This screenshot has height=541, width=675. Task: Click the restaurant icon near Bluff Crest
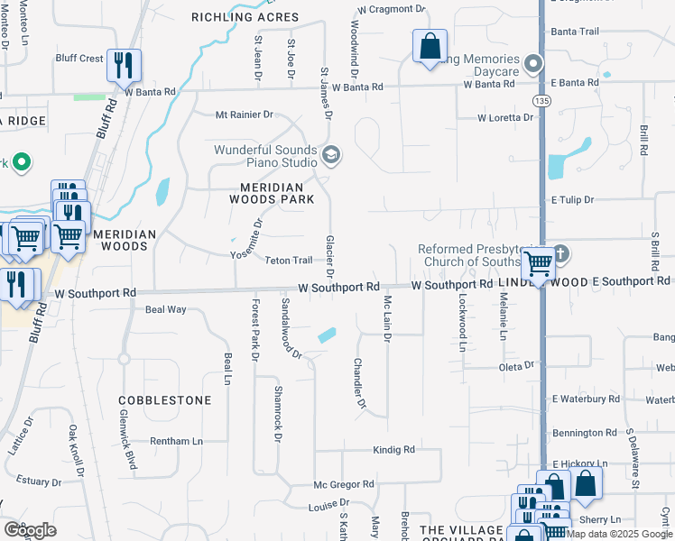click(124, 64)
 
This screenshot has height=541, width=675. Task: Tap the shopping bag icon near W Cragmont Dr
click(430, 45)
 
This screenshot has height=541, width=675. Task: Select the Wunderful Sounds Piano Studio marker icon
click(331, 156)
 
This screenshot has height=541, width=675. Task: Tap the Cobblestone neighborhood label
click(166, 399)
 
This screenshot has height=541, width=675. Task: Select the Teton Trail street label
click(289, 261)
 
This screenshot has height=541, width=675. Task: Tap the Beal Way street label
click(165, 309)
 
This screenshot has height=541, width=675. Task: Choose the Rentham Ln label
click(177, 441)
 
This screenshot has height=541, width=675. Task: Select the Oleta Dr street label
click(517, 367)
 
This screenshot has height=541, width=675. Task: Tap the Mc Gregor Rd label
click(344, 484)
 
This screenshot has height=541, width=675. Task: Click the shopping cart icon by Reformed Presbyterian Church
click(539, 263)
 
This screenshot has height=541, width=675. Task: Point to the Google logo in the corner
click(30, 530)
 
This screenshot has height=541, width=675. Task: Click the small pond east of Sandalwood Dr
click(327, 335)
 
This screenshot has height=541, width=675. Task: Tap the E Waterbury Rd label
click(587, 398)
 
